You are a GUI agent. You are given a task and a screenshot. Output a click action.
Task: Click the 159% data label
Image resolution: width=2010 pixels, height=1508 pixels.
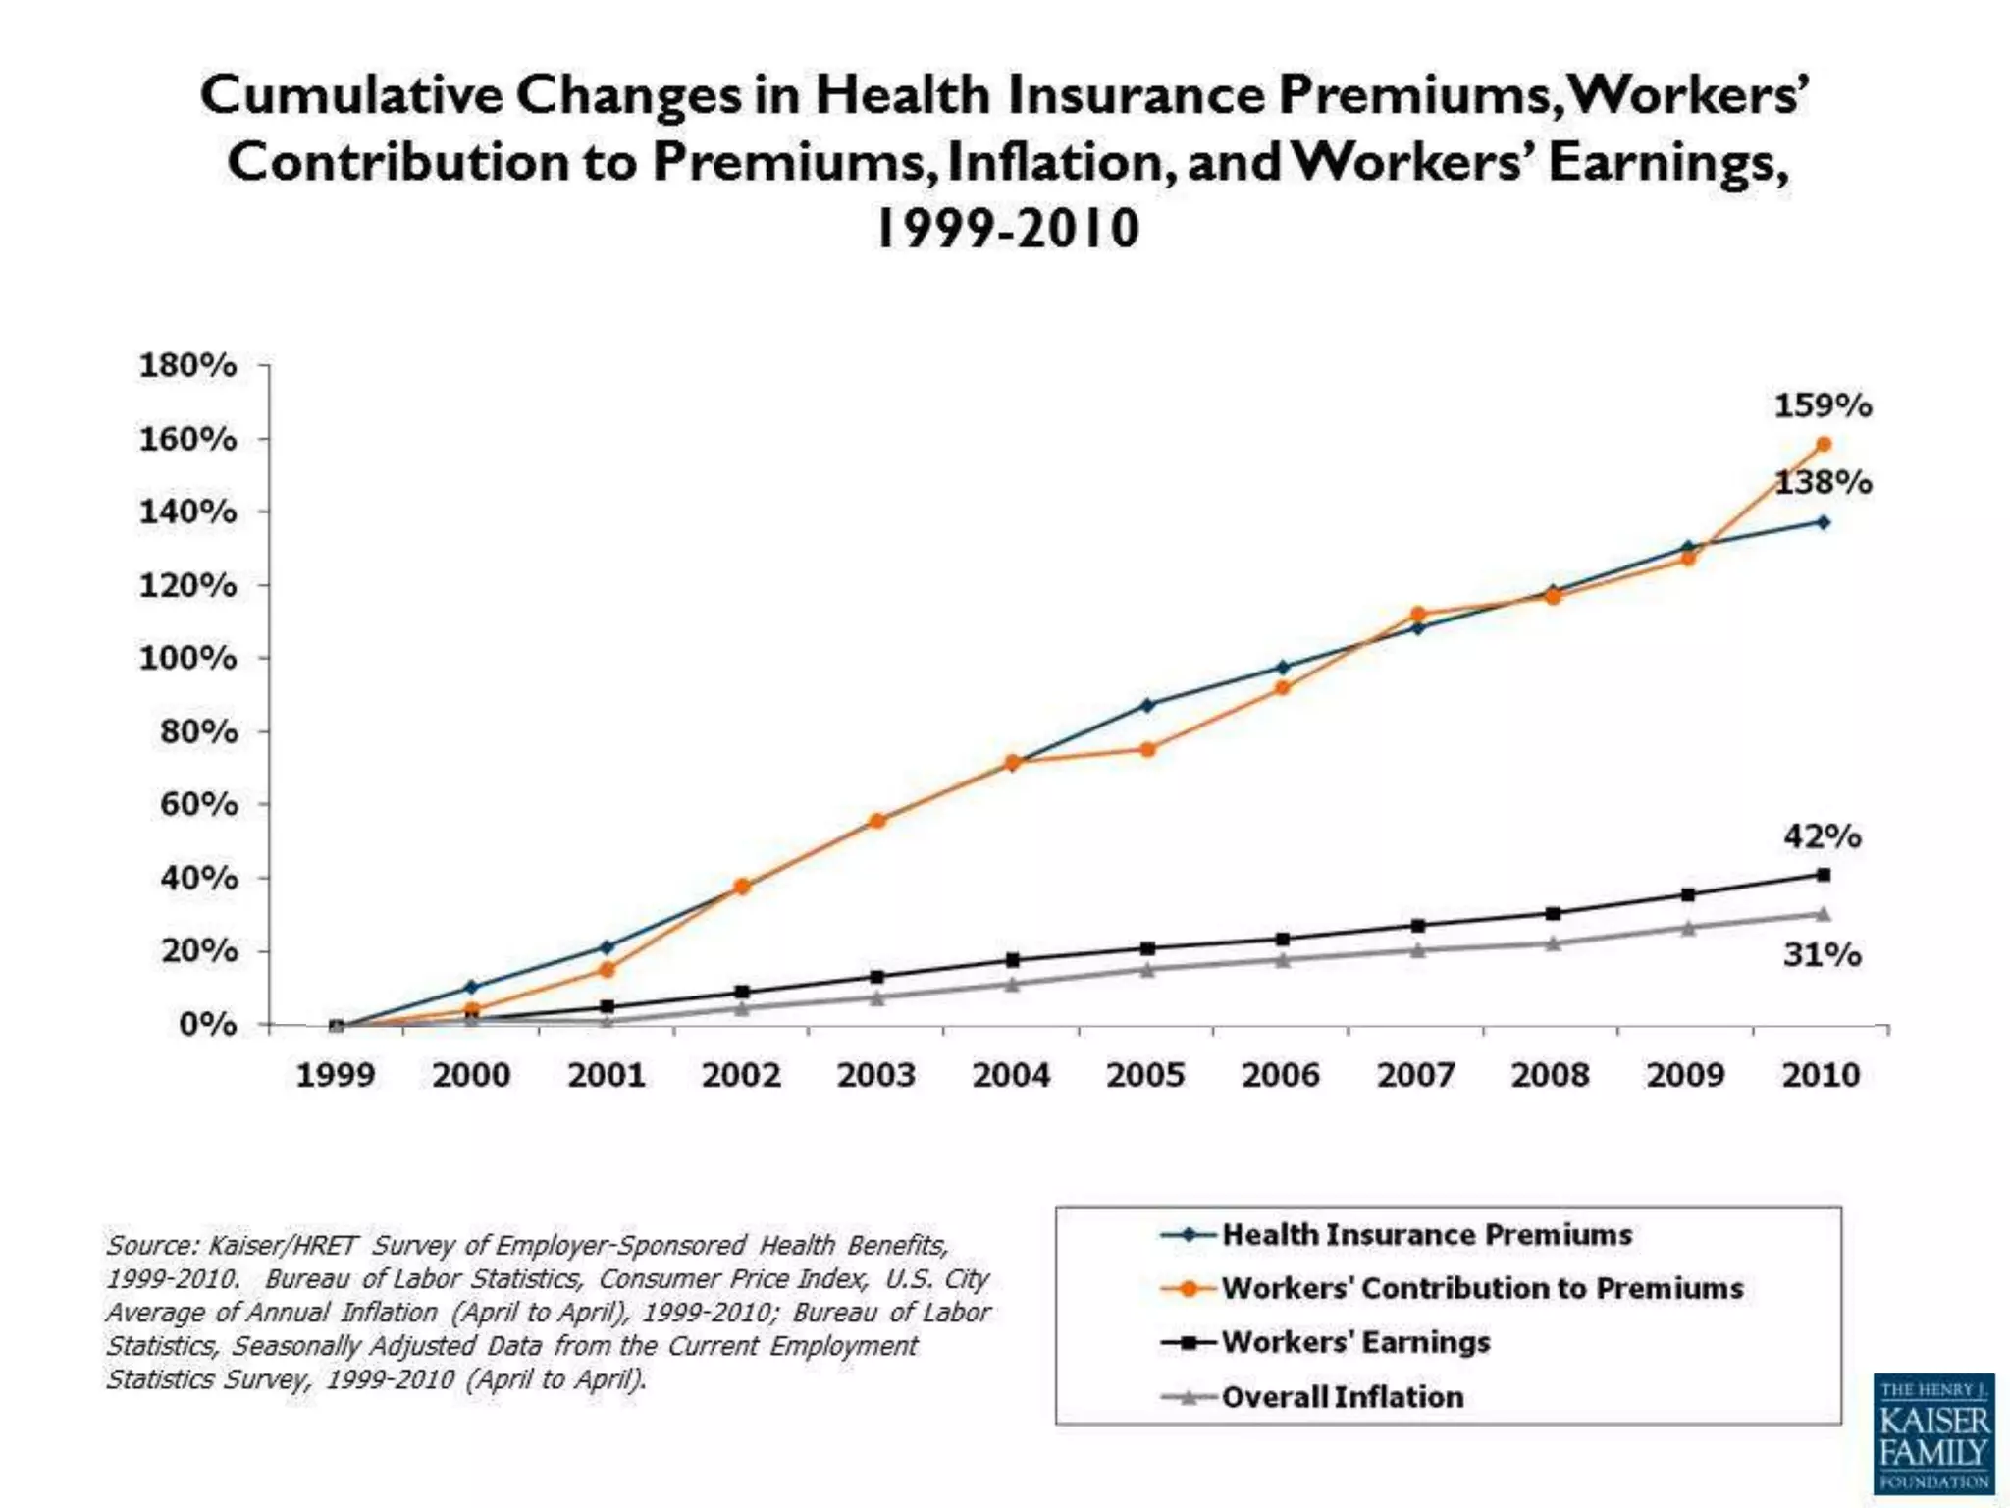(1823, 405)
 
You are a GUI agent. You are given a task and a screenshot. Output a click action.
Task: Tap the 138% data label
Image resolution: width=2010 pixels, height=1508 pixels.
(1823, 482)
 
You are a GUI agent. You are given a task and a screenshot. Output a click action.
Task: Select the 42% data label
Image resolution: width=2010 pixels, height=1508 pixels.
(1823, 836)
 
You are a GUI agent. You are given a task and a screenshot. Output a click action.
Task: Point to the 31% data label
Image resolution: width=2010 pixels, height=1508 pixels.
(1823, 954)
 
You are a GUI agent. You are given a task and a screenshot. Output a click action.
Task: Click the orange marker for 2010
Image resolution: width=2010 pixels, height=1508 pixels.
(1824, 445)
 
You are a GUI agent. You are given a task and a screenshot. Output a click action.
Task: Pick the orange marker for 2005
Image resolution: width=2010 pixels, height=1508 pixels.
(1147, 749)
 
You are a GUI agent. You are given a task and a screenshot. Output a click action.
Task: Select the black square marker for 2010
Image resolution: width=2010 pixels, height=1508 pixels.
(1824, 875)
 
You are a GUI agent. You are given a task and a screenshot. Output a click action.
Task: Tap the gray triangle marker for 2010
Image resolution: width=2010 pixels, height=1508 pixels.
(1824, 914)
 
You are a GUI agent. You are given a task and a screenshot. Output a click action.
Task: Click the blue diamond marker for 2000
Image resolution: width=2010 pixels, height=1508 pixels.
(471, 987)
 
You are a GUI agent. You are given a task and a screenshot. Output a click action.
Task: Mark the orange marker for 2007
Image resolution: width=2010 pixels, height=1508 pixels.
(1417, 615)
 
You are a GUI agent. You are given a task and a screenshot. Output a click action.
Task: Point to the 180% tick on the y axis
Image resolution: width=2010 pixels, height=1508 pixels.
(188, 365)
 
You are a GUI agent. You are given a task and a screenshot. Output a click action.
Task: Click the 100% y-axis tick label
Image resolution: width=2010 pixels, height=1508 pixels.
(188, 658)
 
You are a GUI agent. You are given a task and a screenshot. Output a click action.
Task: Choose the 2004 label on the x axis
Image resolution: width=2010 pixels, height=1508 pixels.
(1011, 1075)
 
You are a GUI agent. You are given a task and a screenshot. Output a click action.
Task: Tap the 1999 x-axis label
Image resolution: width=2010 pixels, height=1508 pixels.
(336, 1075)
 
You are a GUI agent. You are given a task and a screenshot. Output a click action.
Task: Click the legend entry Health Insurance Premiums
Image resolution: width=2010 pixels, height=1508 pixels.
(1426, 1235)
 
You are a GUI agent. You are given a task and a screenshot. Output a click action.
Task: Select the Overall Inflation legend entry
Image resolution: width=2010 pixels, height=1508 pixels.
(1342, 1397)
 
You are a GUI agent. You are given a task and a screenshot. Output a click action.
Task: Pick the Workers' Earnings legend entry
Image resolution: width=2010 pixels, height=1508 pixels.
(1355, 1342)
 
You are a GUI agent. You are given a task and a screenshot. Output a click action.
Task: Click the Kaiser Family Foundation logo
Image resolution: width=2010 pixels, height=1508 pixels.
(1933, 1433)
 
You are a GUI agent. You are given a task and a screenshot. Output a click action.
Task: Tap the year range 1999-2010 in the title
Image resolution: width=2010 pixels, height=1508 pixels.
(1007, 229)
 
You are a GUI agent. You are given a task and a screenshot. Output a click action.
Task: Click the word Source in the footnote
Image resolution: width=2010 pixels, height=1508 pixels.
(150, 1245)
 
